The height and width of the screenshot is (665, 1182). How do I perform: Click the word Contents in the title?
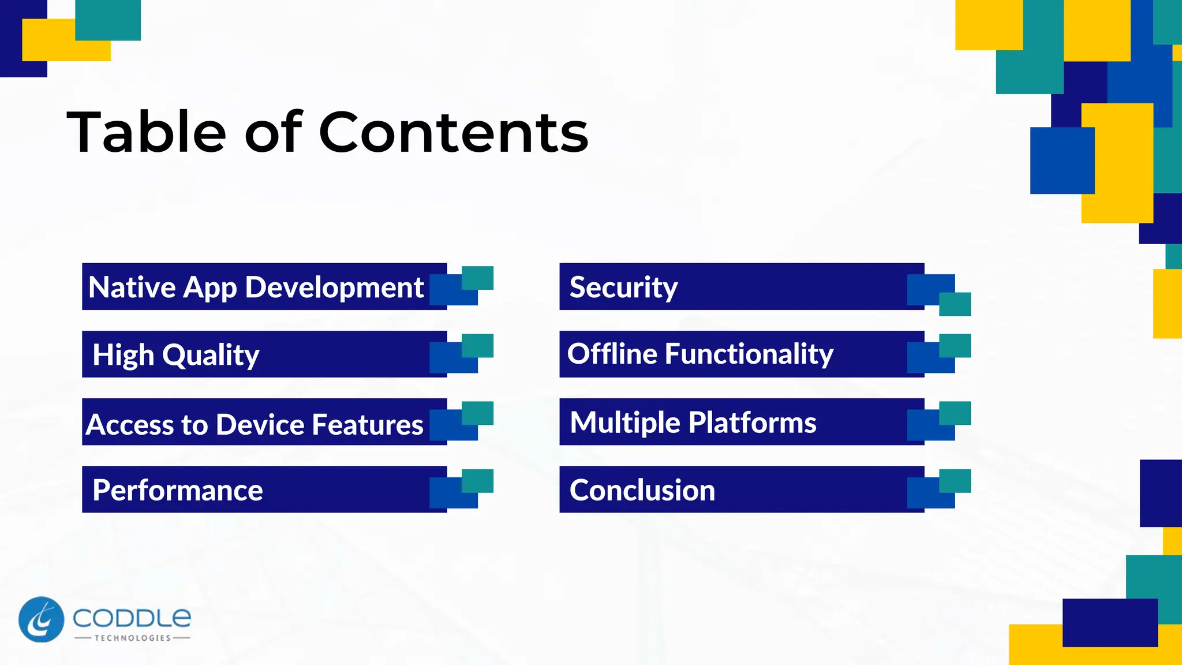point(453,133)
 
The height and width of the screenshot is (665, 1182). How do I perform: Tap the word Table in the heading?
point(147,133)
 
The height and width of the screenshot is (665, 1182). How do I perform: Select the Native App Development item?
point(256,287)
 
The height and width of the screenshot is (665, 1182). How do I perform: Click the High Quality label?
point(176,354)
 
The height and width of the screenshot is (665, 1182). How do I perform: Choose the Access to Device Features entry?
point(255,424)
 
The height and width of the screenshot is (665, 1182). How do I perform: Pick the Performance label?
point(178,490)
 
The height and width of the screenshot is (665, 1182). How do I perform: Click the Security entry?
point(623,287)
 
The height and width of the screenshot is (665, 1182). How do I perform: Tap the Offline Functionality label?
point(700,354)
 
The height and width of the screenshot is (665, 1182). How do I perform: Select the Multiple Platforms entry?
point(693,422)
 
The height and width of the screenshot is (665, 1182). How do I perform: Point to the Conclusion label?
point(642,490)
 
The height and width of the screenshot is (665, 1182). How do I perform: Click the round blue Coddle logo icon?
point(41,619)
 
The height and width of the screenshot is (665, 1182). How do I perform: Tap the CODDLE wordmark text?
point(132,618)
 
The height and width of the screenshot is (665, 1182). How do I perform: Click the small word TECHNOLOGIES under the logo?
point(132,638)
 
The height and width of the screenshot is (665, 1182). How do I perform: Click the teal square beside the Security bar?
point(955,304)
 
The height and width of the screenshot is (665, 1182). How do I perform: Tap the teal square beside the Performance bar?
point(478,480)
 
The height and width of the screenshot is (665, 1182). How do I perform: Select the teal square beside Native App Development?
point(478,277)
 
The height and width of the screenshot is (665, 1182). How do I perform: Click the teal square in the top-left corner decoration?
point(108,20)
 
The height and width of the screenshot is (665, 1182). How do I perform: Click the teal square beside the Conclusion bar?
point(955,480)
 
